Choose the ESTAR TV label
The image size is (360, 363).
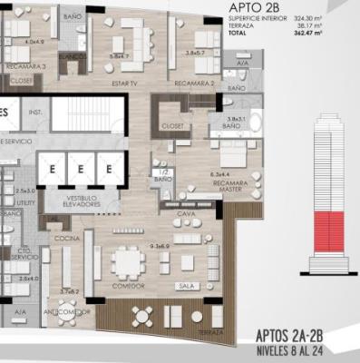click(x=122, y=86)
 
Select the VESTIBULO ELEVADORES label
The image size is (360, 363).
click(x=78, y=202)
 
